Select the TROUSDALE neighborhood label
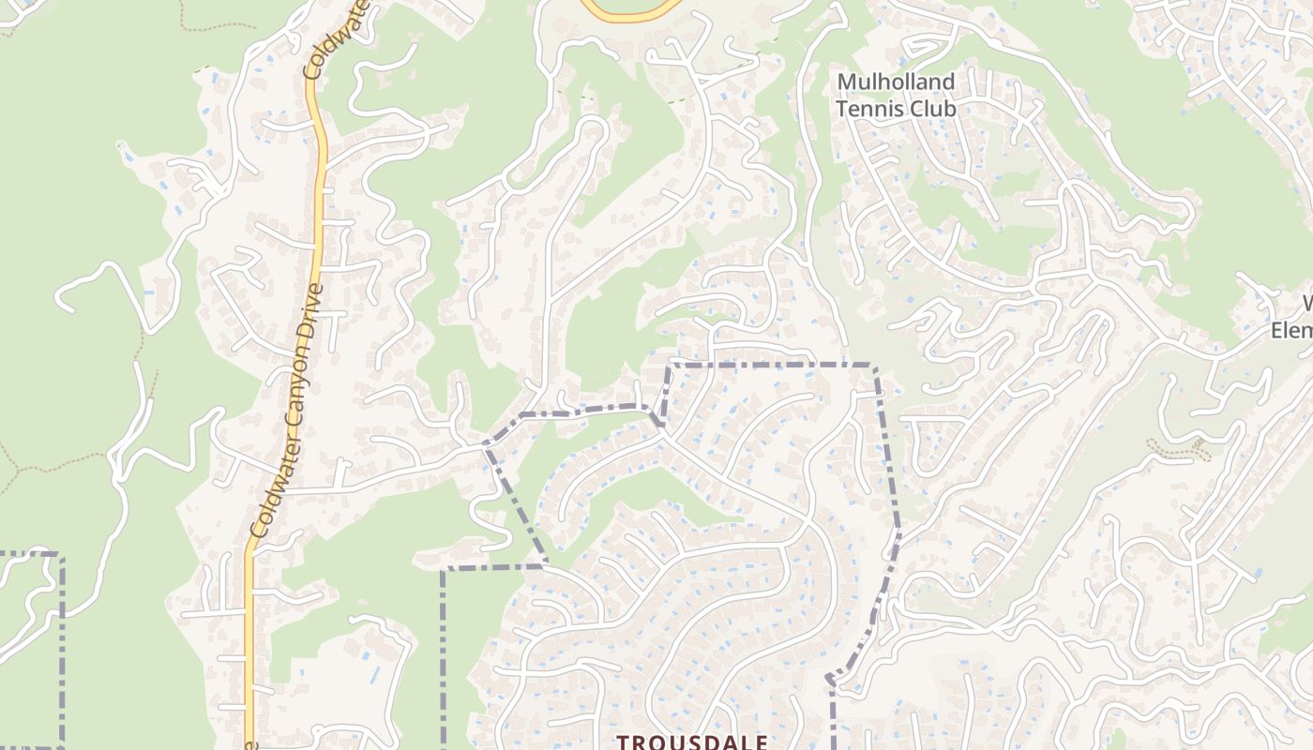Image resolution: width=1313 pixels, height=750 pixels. coord(692,742)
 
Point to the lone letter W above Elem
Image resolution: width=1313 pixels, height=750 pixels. coord(1305,304)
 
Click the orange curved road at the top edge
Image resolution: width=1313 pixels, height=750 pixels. coord(628,13)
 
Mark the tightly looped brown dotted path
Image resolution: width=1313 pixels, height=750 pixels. coord(1177,449)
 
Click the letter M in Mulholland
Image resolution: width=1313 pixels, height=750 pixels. coord(844,82)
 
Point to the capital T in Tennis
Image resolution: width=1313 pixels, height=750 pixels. coord(841,109)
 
